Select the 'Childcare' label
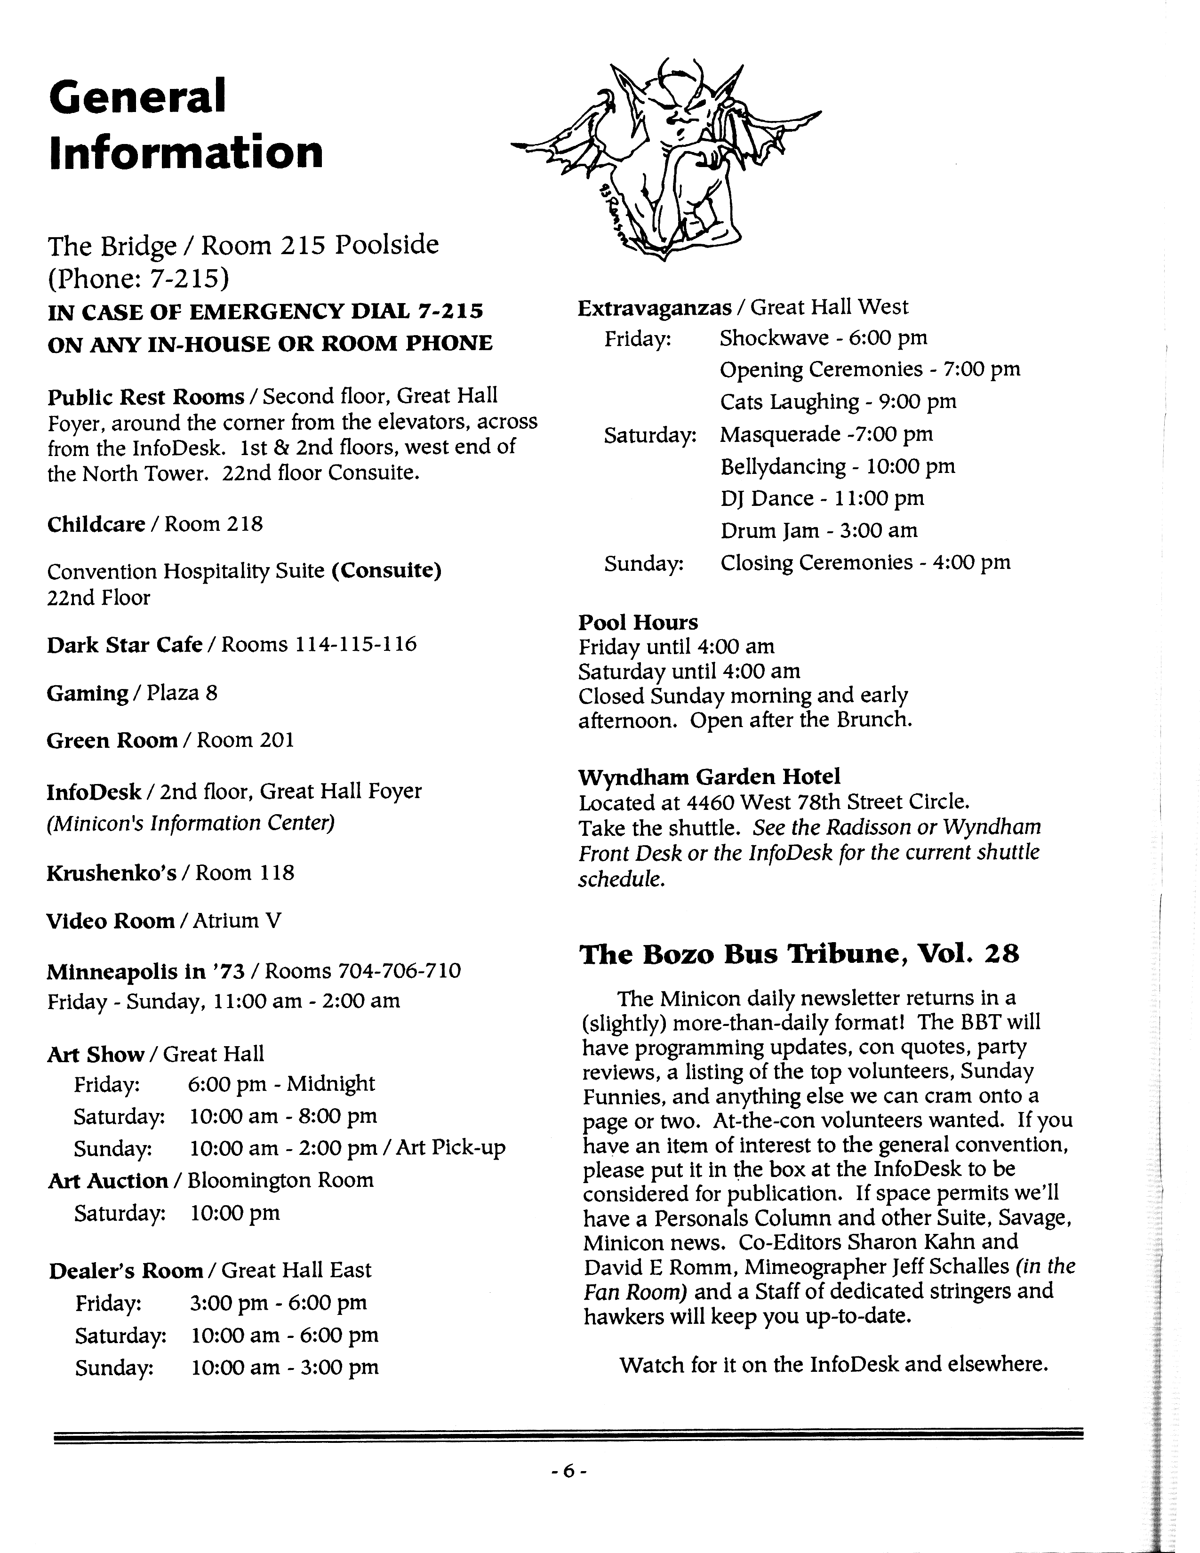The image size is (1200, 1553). [96, 524]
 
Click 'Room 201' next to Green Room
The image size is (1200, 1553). [245, 740]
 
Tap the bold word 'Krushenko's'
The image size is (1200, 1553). [111, 873]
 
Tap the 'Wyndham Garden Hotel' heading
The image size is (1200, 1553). [709, 776]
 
